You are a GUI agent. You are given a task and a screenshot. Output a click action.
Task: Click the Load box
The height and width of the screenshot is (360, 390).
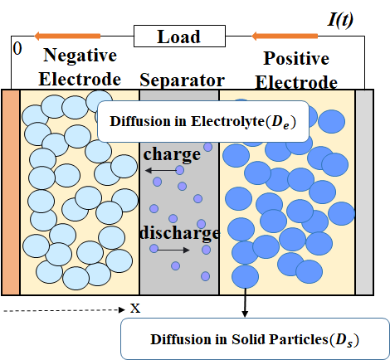(179, 36)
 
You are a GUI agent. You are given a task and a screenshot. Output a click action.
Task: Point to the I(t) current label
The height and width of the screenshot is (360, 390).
(340, 20)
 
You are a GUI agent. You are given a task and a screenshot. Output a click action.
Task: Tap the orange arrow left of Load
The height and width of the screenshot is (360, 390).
(67, 36)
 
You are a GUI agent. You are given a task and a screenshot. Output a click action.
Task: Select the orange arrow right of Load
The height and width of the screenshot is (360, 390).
(285, 36)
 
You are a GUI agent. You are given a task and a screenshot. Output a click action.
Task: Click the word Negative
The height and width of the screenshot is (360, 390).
(80, 56)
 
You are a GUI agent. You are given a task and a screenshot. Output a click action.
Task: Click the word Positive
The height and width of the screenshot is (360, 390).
(296, 58)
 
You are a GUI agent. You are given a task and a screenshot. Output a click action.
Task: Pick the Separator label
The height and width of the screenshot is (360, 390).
(183, 80)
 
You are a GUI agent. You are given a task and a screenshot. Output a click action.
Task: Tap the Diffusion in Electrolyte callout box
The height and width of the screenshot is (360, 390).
(203, 122)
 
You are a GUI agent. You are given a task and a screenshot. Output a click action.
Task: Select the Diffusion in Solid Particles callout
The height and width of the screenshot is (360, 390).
(255, 339)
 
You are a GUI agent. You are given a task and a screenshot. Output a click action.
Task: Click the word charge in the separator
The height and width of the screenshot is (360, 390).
(172, 154)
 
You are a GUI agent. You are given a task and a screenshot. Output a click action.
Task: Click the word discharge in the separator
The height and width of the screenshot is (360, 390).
(180, 233)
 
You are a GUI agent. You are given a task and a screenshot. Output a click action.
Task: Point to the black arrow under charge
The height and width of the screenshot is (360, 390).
(161, 170)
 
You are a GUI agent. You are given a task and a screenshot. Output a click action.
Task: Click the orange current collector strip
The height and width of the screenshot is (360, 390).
(11, 192)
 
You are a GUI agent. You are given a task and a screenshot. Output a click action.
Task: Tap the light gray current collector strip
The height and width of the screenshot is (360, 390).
(364, 192)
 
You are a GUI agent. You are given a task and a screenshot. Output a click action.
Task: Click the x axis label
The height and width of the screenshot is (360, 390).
(135, 309)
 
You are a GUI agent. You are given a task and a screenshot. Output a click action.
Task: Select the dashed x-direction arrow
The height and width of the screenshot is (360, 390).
(65, 310)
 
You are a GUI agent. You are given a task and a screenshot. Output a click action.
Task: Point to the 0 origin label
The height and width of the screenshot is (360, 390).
(17, 49)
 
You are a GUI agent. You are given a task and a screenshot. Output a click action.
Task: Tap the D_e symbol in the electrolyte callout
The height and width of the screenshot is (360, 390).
(281, 122)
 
